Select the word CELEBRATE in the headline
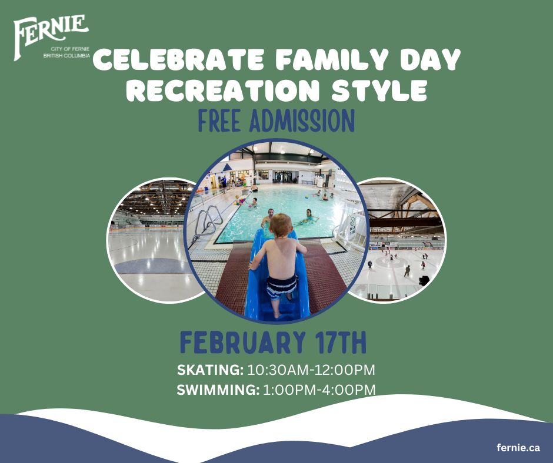click(178, 60)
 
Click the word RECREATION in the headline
click(222, 90)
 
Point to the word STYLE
click(379, 90)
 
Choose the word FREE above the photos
click(219, 121)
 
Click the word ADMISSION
click(302, 121)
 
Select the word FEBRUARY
click(242, 342)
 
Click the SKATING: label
click(210, 370)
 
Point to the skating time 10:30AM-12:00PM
click(311, 370)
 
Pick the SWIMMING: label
click(218, 390)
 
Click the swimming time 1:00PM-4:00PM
click(319, 390)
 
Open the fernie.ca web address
click(518, 448)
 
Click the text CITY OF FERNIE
click(70, 49)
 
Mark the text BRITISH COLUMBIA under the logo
click(66, 56)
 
